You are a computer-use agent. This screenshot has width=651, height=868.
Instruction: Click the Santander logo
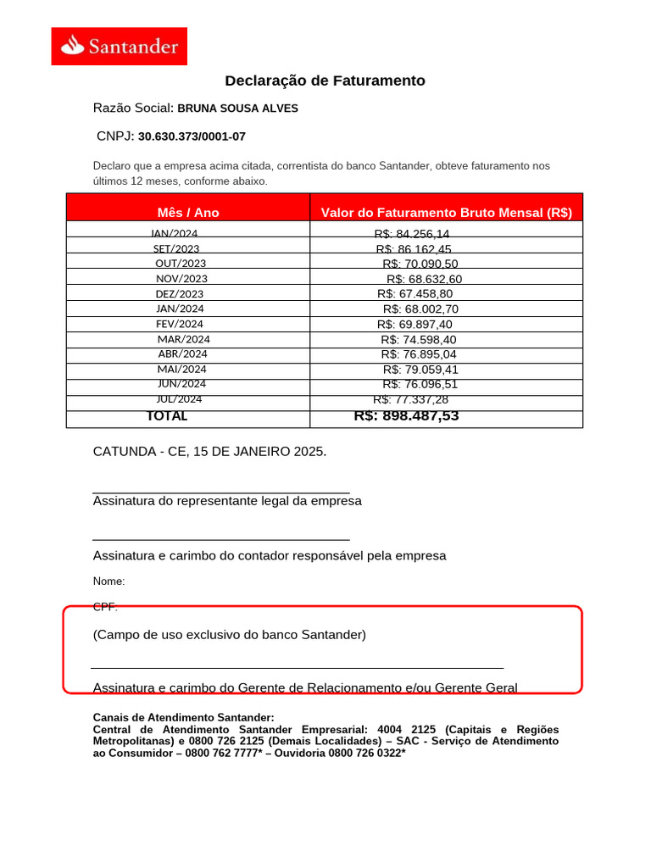[x=119, y=46]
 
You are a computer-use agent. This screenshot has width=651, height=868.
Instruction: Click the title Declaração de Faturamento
[x=325, y=81]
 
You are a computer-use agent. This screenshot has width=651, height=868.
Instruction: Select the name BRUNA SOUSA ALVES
[x=237, y=108]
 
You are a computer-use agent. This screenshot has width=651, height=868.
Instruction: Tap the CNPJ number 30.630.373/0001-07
[x=192, y=136]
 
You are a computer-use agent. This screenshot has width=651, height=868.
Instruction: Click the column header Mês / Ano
[x=188, y=213]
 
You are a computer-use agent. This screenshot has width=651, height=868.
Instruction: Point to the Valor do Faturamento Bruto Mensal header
[x=446, y=213]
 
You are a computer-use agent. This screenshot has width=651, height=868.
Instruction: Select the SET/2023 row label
[x=176, y=248]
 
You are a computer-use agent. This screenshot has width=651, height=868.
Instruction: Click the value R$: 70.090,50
[x=420, y=264]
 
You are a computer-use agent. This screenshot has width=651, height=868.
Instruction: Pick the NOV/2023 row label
[x=181, y=278]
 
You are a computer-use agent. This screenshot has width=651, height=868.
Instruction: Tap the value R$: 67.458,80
[x=415, y=293]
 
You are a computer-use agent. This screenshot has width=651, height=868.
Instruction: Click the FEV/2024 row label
[x=179, y=324]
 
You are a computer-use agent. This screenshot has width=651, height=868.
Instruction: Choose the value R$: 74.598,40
[x=418, y=339]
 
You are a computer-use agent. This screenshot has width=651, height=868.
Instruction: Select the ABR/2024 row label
[x=182, y=353]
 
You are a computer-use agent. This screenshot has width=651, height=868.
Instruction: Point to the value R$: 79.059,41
[x=420, y=369]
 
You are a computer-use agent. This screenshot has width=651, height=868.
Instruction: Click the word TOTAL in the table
[x=167, y=416]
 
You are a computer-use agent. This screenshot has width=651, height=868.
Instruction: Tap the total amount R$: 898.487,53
[x=406, y=415]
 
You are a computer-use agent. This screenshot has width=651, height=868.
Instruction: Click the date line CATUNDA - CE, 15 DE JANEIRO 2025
[x=209, y=452]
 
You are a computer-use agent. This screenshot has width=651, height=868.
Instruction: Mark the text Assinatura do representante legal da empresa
[x=227, y=501]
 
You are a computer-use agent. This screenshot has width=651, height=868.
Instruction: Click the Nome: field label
[x=108, y=581]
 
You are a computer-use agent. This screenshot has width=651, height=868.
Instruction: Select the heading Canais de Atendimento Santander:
[x=183, y=717]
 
